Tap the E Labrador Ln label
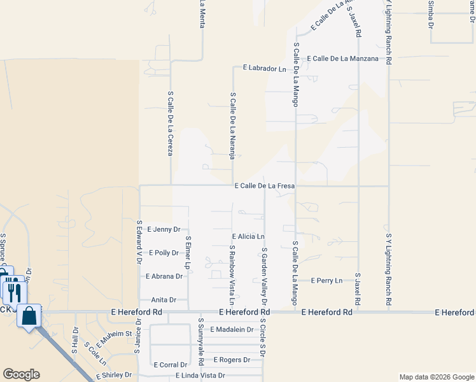coord(265,69)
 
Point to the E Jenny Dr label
coord(164,229)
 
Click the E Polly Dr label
coord(164,253)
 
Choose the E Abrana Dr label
coord(164,276)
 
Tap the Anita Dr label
coord(164,299)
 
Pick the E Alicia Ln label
coord(248,236)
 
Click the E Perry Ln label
coord(326,280)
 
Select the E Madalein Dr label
coord(232,330)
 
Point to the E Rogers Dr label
coord(232,360)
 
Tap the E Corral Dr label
coord(171,365)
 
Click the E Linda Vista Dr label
coord(200,376)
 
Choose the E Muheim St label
coord(115,334)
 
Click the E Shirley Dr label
coord(114,376)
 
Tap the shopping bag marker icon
coord(29,316)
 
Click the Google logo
coord(20,374)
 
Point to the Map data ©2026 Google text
coord(436,377)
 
